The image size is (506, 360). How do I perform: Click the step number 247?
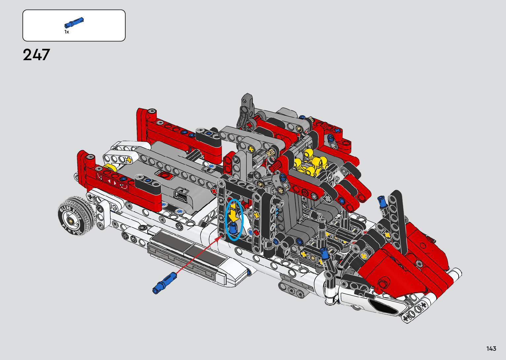(x=36, y=55)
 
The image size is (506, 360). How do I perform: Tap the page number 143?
(x=491, y=348)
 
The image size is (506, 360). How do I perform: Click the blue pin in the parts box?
(x=74, y=22)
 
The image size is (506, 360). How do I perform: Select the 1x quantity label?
(x=67, y=32)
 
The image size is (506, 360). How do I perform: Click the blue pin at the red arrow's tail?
(x=165, y=283)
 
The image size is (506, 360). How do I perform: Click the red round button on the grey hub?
(x=164, y=175)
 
